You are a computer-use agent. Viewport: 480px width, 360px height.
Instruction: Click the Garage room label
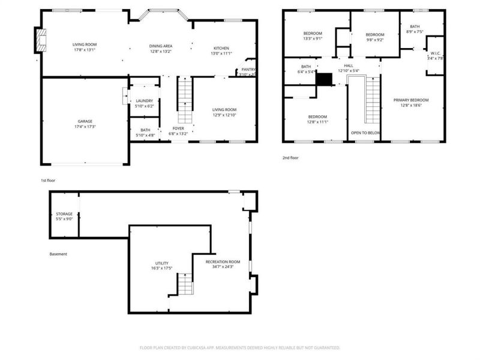point(85,122)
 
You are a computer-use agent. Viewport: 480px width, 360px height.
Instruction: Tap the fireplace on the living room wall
point(41,41)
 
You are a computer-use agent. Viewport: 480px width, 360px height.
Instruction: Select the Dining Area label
point(160,46)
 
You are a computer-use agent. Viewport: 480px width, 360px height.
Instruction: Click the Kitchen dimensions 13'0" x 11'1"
point(221,54)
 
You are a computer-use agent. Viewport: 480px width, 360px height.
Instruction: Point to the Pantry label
point(248,70)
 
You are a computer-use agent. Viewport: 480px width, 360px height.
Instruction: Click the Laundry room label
point(144,101)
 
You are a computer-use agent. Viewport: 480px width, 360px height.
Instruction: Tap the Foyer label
point(178,128)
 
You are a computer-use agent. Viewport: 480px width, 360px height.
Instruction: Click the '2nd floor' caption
point(291,158)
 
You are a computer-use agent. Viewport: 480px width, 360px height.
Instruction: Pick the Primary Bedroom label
point(411,100)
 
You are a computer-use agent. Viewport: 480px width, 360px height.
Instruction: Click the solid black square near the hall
point(324,79)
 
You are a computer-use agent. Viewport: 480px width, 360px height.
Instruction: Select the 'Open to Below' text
point(365,133)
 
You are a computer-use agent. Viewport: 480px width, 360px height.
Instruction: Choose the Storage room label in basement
point(64,214)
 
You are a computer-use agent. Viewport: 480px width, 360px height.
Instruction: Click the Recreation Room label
point(223,262)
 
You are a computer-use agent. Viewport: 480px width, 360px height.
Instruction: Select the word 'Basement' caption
point(58,254)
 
